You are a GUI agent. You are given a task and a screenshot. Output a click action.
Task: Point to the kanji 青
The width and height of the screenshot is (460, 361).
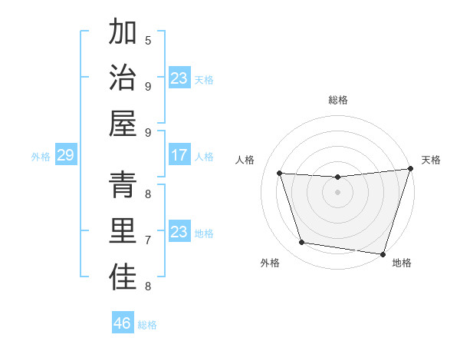[x=123, y=184]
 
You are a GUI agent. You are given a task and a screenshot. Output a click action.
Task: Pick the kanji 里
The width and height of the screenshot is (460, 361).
[x=123, y=230]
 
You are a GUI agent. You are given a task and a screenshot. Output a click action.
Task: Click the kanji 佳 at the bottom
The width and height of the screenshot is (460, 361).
[x=123, y=277]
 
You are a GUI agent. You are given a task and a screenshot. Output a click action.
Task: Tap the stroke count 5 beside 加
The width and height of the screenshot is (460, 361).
[x=148, y=40]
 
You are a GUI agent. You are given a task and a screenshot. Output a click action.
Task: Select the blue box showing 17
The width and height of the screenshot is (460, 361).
[x=179, y=155]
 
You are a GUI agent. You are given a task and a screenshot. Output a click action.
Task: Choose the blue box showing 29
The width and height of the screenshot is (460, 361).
[x=65, y=155]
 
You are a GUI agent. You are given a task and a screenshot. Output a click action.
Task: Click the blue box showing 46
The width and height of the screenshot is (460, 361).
[x=123, y=323]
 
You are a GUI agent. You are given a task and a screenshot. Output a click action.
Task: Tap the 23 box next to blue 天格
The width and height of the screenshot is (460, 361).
[x=179, y=78]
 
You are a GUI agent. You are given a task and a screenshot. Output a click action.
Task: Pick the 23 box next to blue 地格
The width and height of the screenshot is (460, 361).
[x=179, y=232]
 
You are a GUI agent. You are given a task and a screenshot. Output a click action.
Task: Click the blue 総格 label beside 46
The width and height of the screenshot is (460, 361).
[x=147, y=325]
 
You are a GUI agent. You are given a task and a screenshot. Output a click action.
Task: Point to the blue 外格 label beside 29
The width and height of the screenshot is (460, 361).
[x=41, y=157]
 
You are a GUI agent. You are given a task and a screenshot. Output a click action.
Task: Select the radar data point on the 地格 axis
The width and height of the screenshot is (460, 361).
[x=383, y=254]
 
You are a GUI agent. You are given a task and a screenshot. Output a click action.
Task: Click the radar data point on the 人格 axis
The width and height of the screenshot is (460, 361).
[x=280, y=174]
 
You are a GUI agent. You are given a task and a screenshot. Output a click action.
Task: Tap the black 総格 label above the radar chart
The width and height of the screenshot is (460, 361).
[x=338, y=100]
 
